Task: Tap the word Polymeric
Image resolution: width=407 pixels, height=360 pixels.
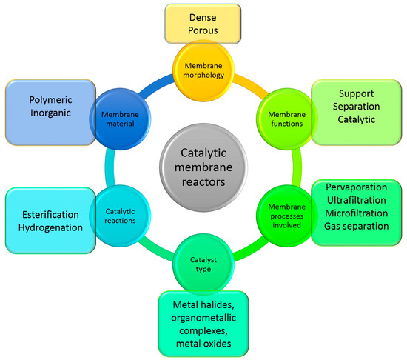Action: [49, 101]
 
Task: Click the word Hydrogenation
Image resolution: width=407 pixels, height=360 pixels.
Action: [49, 228]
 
